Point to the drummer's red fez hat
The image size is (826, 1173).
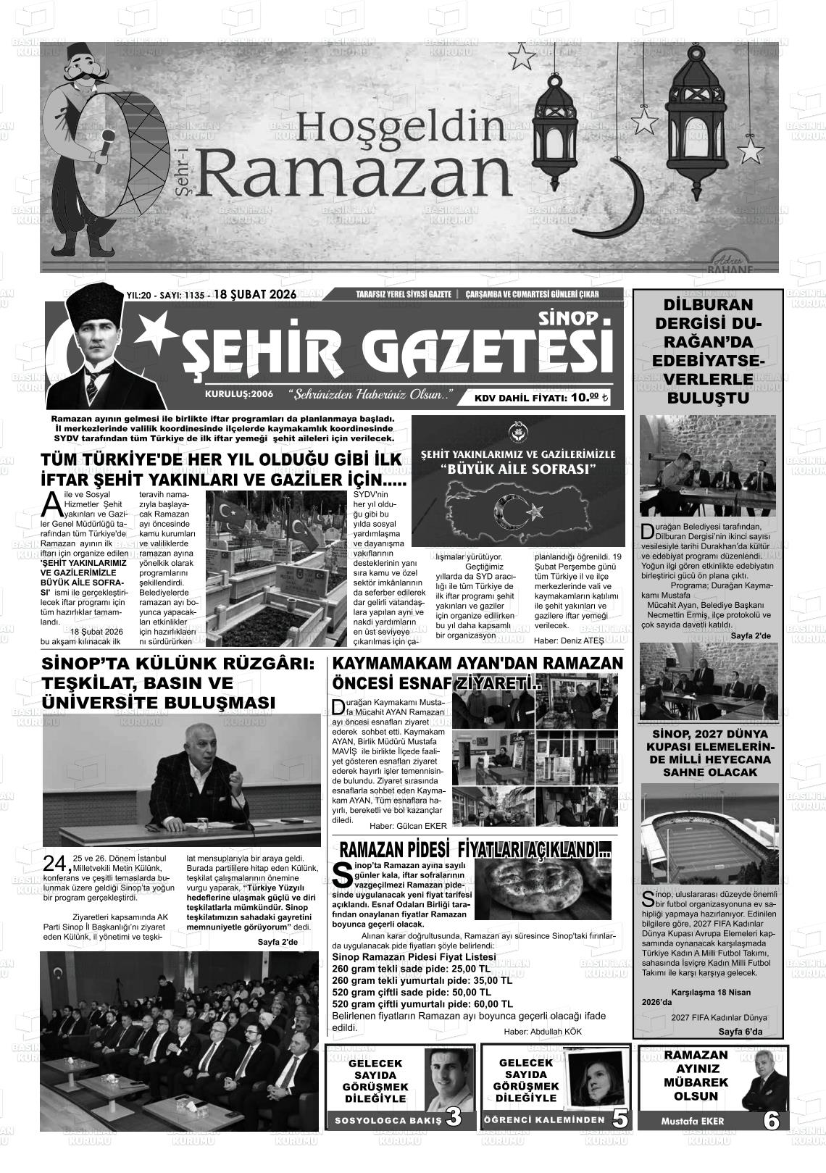[75, 58]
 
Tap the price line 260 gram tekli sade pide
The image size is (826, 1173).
[411, 969]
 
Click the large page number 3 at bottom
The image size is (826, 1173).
[454, 1118]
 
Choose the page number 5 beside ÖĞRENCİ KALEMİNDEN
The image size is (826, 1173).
[620, 1119]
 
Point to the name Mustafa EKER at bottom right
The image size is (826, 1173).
[692, 1121]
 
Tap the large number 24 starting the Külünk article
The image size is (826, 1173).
[56, 864]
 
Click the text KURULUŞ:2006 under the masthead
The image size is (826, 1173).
[238, 393]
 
